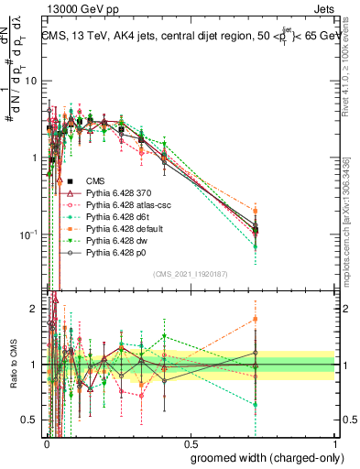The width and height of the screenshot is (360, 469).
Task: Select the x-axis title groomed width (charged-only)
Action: (263, 457)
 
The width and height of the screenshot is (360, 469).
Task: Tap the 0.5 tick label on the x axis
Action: (190, 442)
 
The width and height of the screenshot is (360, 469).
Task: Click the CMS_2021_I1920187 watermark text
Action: (190, 274)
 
